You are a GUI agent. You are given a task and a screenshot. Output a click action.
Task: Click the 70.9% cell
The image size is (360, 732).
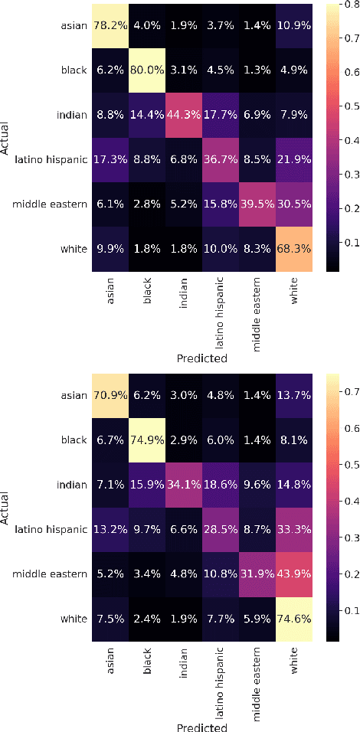pyautogui.click(x=112, y=397)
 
